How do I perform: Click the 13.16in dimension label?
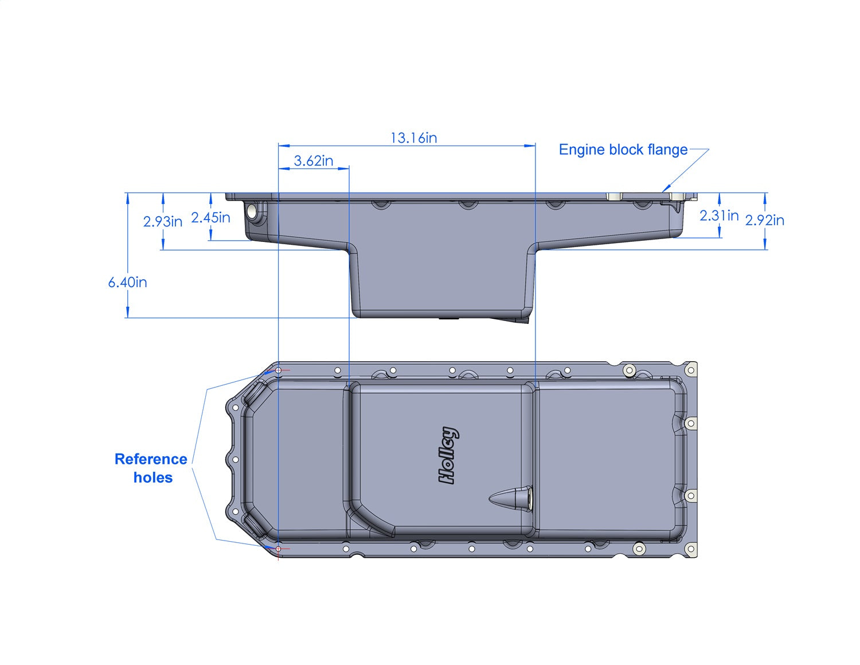(x=413, y=138)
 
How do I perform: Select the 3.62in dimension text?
(x=314, y=161)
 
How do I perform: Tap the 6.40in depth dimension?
(x=127, y=282)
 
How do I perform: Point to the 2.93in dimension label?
(x=162, y=221)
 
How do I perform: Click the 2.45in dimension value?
(x=210, y=218)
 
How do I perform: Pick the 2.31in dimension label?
(x=719, y=216)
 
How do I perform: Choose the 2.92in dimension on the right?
(x=764, y=220)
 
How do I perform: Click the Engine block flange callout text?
(x=623, y=150)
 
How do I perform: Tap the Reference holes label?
(x=151, y=468)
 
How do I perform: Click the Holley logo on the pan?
(x=448, y=456)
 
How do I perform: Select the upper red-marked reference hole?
(x=279, y=370)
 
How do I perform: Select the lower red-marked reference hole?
(x=279, y=549)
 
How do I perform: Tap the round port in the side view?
(x=252, y=211)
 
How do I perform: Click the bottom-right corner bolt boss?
(x=691, y=550)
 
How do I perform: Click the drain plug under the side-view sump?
(x=449, y=318)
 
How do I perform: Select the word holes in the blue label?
(x=153, y=478)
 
